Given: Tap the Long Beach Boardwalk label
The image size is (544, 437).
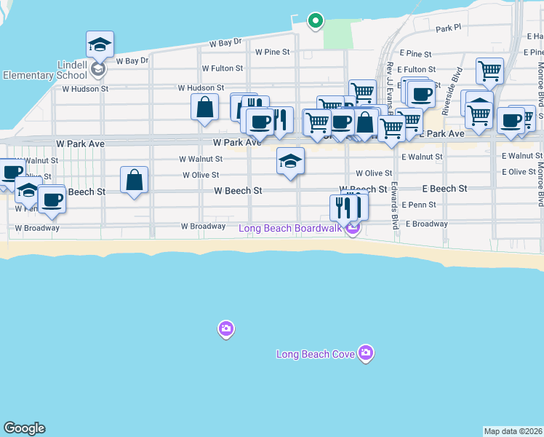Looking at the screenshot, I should tap(293, 229).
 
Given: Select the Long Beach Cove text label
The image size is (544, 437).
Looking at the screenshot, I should tap(316, 355).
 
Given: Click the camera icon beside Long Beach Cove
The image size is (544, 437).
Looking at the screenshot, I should tap(365, 353).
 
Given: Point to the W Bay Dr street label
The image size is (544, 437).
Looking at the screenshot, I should tap(226, 43).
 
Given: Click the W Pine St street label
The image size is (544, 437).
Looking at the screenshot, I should tap(272, 52).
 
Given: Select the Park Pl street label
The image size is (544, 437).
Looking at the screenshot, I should tap(449, 28).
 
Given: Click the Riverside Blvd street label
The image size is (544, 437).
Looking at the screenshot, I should tap(458, 84).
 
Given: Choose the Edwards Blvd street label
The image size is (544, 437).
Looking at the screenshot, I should tap(396, 205).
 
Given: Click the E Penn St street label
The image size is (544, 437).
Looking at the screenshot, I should tap(417, 205).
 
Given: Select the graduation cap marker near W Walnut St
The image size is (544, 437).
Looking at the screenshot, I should tap(290, 162).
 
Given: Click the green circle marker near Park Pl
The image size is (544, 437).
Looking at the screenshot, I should tap(315, 21).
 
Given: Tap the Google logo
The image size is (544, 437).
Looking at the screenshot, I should tap(24, 428).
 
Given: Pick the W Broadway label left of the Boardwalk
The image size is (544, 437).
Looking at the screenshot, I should tap(203, 227).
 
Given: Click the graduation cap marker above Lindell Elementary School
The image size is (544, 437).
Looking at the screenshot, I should tap(100, 44).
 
